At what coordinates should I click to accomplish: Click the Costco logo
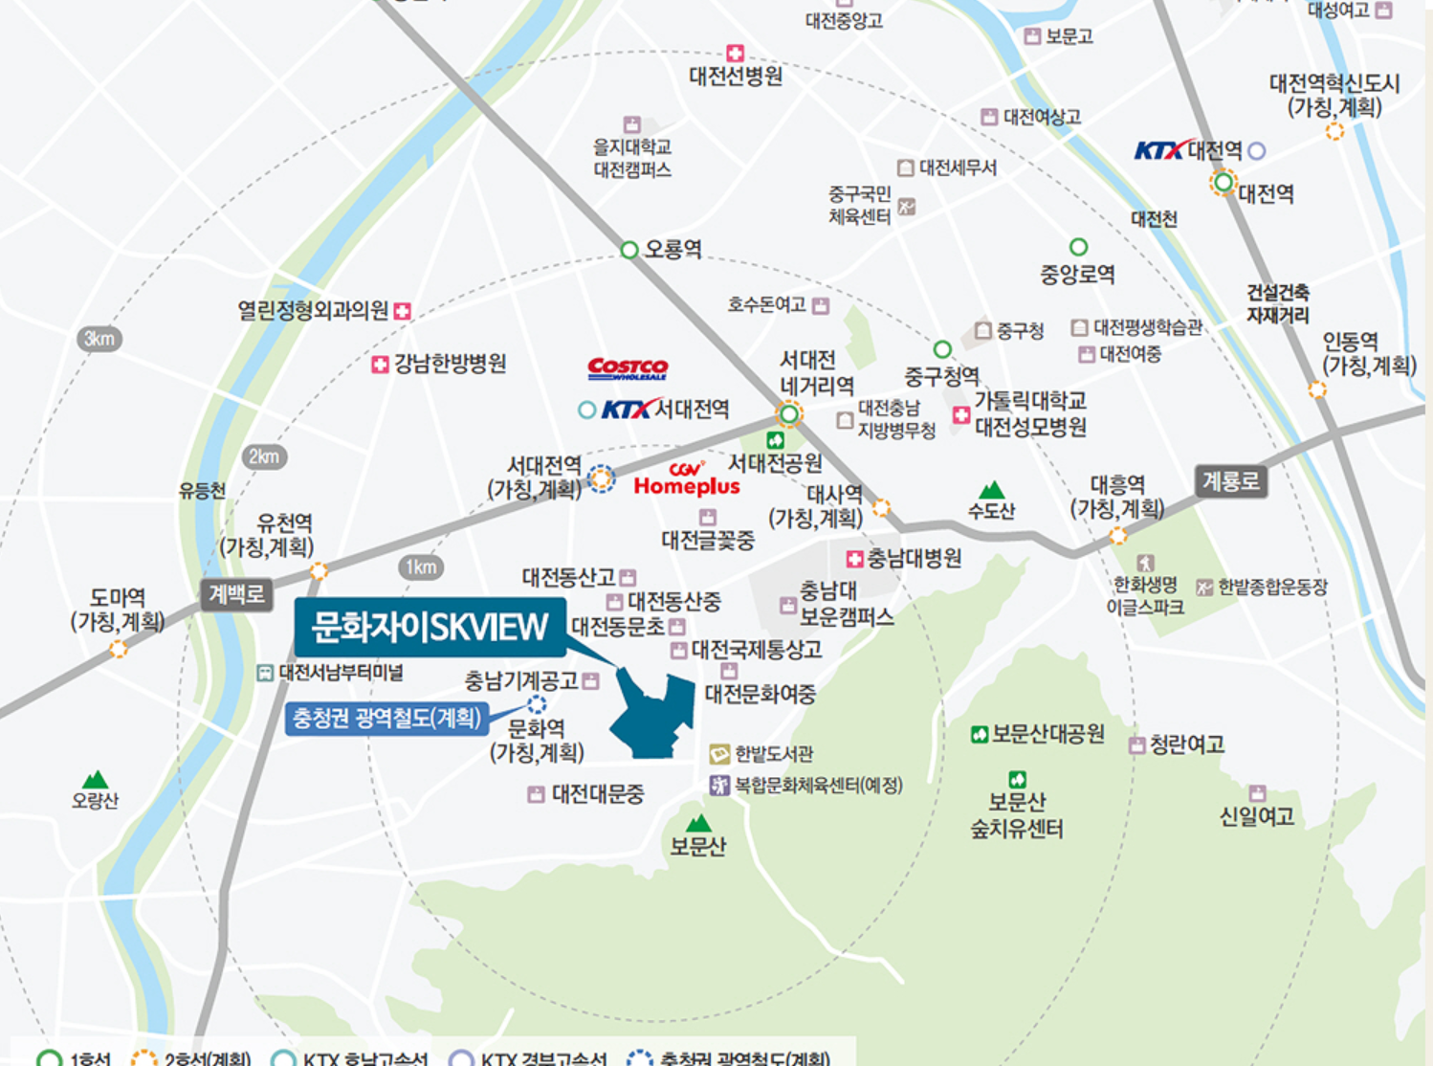(628, 368)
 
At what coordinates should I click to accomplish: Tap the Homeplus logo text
(687, 486)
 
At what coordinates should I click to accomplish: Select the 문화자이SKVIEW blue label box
(430, 627)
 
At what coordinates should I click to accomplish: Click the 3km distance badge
(99, 339)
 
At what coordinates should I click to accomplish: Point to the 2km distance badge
(264, 456)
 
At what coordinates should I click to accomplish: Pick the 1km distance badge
(421, 566)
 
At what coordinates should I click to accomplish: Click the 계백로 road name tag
(236, 594)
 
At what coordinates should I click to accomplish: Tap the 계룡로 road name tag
(1230, 480)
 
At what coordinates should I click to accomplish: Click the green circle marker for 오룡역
(628, 250)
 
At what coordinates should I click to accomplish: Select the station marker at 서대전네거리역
(789, 414)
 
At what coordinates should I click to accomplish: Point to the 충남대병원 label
(914, 558)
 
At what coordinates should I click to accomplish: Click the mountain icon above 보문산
(699, 823)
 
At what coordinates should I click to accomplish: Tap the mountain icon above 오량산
(95, 780)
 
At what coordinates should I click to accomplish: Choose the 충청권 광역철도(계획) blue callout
(387, 718)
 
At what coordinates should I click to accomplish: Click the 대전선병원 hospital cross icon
(735, 54)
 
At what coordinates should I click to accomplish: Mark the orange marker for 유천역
(319, 571)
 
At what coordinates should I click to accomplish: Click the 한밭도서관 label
(774, 754)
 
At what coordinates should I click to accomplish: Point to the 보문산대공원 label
(1047, 734)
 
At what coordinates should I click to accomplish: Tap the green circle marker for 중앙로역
(1078, 247)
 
